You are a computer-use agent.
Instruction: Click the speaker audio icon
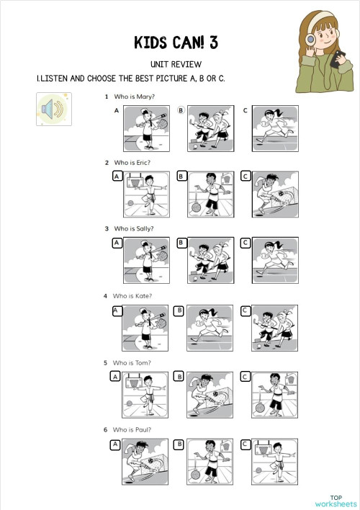coord(54,109)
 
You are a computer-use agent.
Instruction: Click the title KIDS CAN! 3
coord(176,42)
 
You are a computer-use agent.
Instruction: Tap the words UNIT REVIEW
coord(176,64)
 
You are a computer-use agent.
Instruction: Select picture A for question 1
coord(146,127)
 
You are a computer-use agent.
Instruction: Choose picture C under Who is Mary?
coord(275,127)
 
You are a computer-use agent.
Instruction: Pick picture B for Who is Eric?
coord(211,194)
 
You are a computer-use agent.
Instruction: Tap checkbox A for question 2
coord(117,176)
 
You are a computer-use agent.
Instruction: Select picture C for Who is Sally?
coord(275,261)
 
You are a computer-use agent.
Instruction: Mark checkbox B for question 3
coord(181,243)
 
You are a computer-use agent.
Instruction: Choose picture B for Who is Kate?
coord(211,328)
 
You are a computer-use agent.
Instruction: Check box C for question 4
coord(245,310)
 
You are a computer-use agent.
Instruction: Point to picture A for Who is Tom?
coord(146,395)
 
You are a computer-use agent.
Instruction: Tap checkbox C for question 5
coord(246,377)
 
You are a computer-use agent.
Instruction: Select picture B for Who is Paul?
coord(211,462)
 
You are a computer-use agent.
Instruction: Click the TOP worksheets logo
coord(336,501)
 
